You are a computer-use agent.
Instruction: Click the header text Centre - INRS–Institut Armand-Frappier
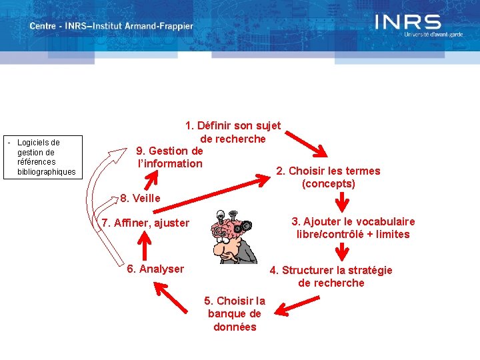pyautogui.click(x=111, y=27)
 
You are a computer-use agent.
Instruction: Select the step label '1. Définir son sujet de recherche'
pyautogui.click(x=233, y=132)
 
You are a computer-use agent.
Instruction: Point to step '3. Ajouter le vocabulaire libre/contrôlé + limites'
pyautogui.click(x=353, y=227)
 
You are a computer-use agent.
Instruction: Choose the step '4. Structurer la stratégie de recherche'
pyautogui.click(x=331, y=276)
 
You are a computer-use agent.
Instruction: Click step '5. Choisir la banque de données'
pyautogui.click(x=235, y=313)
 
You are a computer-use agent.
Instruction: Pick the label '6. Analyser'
pyautogui.click(x=155, y=269)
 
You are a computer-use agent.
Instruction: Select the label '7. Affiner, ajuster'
pyautogui.click(x=145, y=223)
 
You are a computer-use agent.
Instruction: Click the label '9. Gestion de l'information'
pyautogui.click(x=169, y=157)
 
